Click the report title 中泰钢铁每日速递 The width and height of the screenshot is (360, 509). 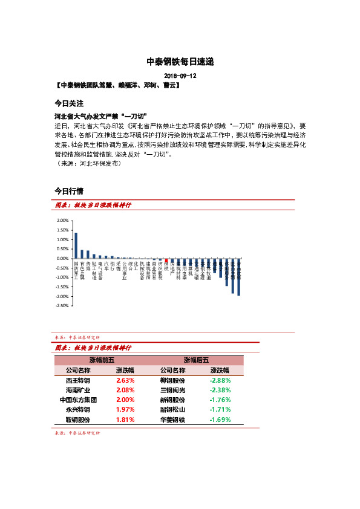click(180, 62)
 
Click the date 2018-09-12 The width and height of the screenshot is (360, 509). click(180, 76)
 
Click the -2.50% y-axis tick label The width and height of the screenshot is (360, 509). click(62, 306)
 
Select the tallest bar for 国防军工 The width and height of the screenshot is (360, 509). click(76, 245)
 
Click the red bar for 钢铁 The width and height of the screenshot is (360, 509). click(166, 260)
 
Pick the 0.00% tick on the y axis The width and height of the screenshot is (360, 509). click(62, 258)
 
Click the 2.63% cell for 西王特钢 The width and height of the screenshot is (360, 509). click(125, 381)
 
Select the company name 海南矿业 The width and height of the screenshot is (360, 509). click(78, 391)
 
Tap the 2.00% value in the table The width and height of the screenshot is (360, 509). click(125, 400)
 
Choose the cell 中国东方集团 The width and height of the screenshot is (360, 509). click(78, 400)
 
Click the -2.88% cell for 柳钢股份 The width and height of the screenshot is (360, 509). click(220, 381)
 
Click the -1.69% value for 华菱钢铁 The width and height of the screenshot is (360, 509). click(220, 420)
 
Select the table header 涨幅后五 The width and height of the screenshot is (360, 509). click(196, 360)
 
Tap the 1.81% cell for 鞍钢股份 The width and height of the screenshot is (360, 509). click(125, 420)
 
